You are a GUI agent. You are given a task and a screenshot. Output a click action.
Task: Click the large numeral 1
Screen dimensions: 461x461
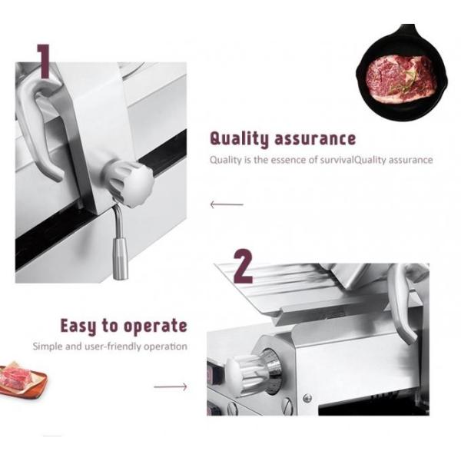(x=43, y=61)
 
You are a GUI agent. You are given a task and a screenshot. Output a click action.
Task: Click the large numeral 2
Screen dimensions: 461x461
(x=243, y=267)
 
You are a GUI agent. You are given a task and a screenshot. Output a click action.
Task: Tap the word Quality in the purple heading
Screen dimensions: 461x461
(x=237, y=139)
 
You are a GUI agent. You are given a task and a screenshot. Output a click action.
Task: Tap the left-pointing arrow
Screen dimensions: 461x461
(x=226, y=204)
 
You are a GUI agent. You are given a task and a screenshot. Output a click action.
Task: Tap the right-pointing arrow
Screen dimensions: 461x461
(x=170, y=386)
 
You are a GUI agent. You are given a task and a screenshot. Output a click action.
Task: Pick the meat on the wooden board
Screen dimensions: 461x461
(x=18, y=379)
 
